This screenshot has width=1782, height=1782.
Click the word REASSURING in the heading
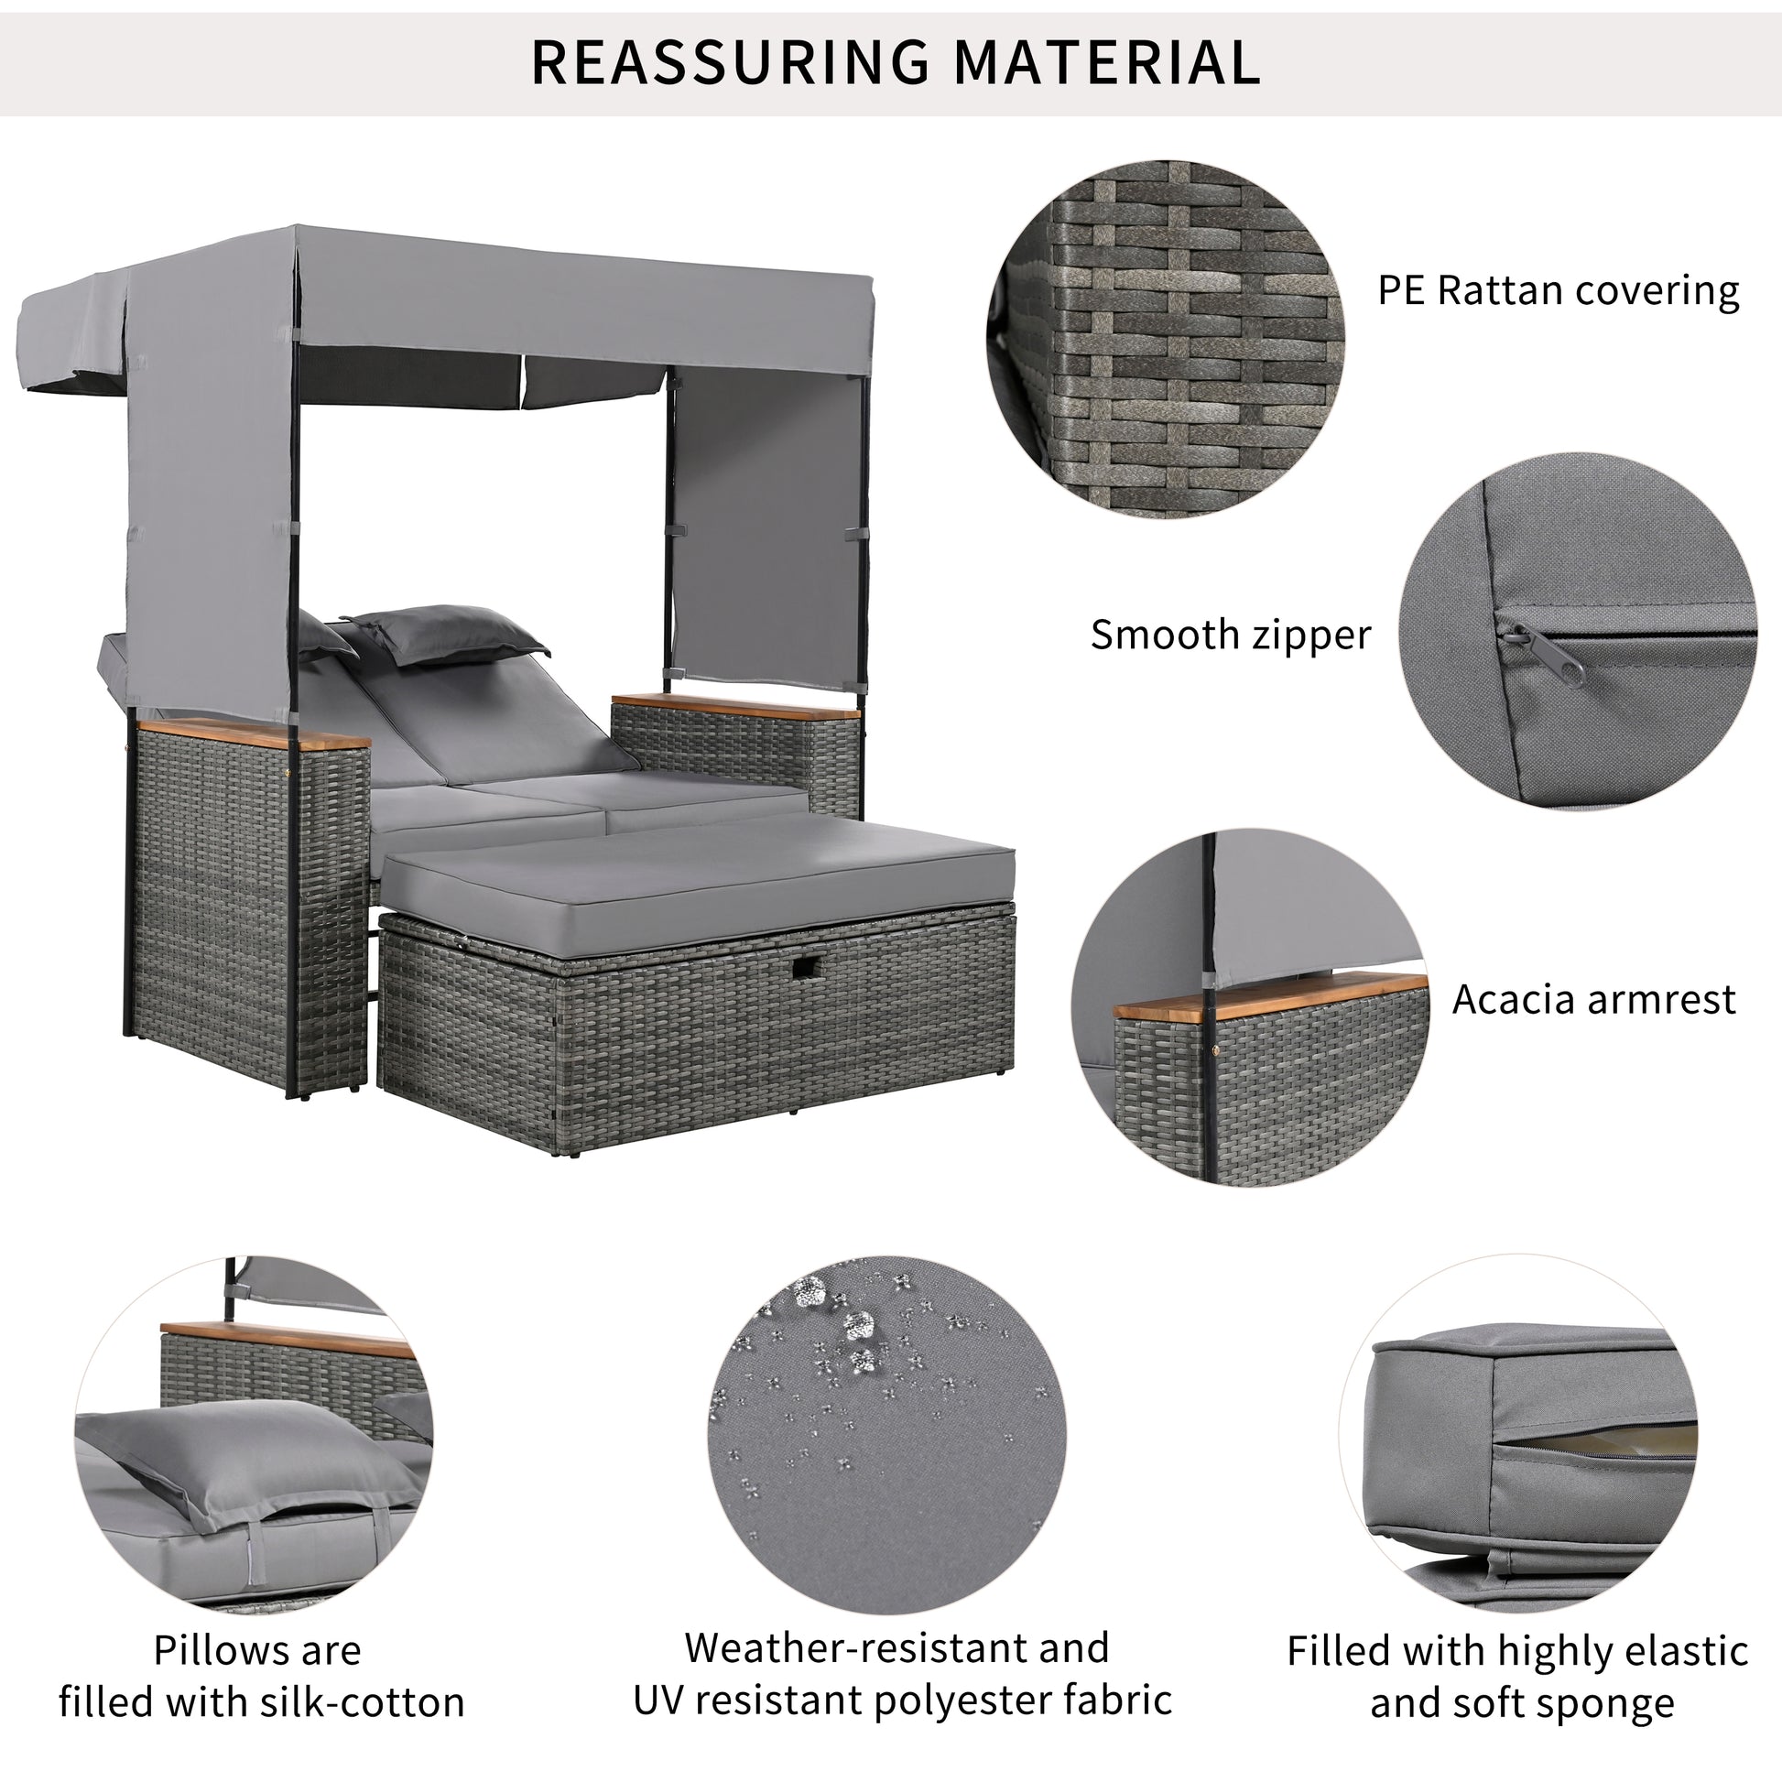730,62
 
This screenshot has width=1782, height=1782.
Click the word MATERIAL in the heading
1106,62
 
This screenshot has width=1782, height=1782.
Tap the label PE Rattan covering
1558,291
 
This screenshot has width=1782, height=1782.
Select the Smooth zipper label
1231,636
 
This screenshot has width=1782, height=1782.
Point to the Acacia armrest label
1594,999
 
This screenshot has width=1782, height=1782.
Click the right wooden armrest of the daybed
733,707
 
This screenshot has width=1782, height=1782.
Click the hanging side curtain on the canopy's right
766,526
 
